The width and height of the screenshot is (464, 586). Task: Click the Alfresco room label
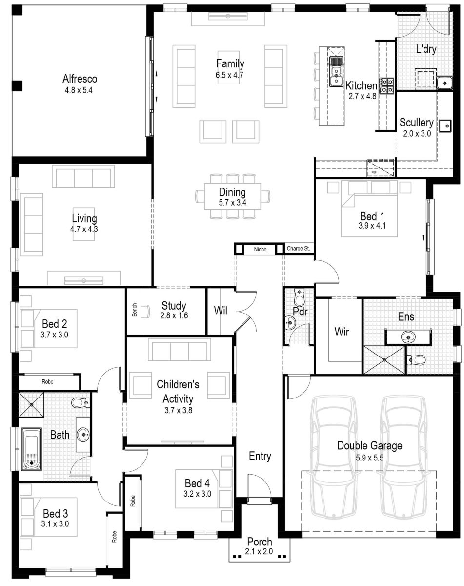[80, 79]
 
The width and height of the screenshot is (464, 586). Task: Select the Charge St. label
[299, 249]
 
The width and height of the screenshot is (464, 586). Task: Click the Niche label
[260, 250]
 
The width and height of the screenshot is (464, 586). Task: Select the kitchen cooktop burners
[387, 85]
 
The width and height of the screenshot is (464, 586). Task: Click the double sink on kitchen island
[336, 71]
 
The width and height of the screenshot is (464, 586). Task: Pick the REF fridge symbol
[380, 167]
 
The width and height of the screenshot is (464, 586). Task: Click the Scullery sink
[446, 126]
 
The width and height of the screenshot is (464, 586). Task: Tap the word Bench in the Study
[135, 311]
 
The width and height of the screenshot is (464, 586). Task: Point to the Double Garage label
[369, 445]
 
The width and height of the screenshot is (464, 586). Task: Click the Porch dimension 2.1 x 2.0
[260, 552]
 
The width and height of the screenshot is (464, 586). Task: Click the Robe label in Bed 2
[47, 382]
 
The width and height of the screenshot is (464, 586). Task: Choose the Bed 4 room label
[197, 483]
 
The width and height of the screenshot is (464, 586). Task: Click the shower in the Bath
[32, 404]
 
